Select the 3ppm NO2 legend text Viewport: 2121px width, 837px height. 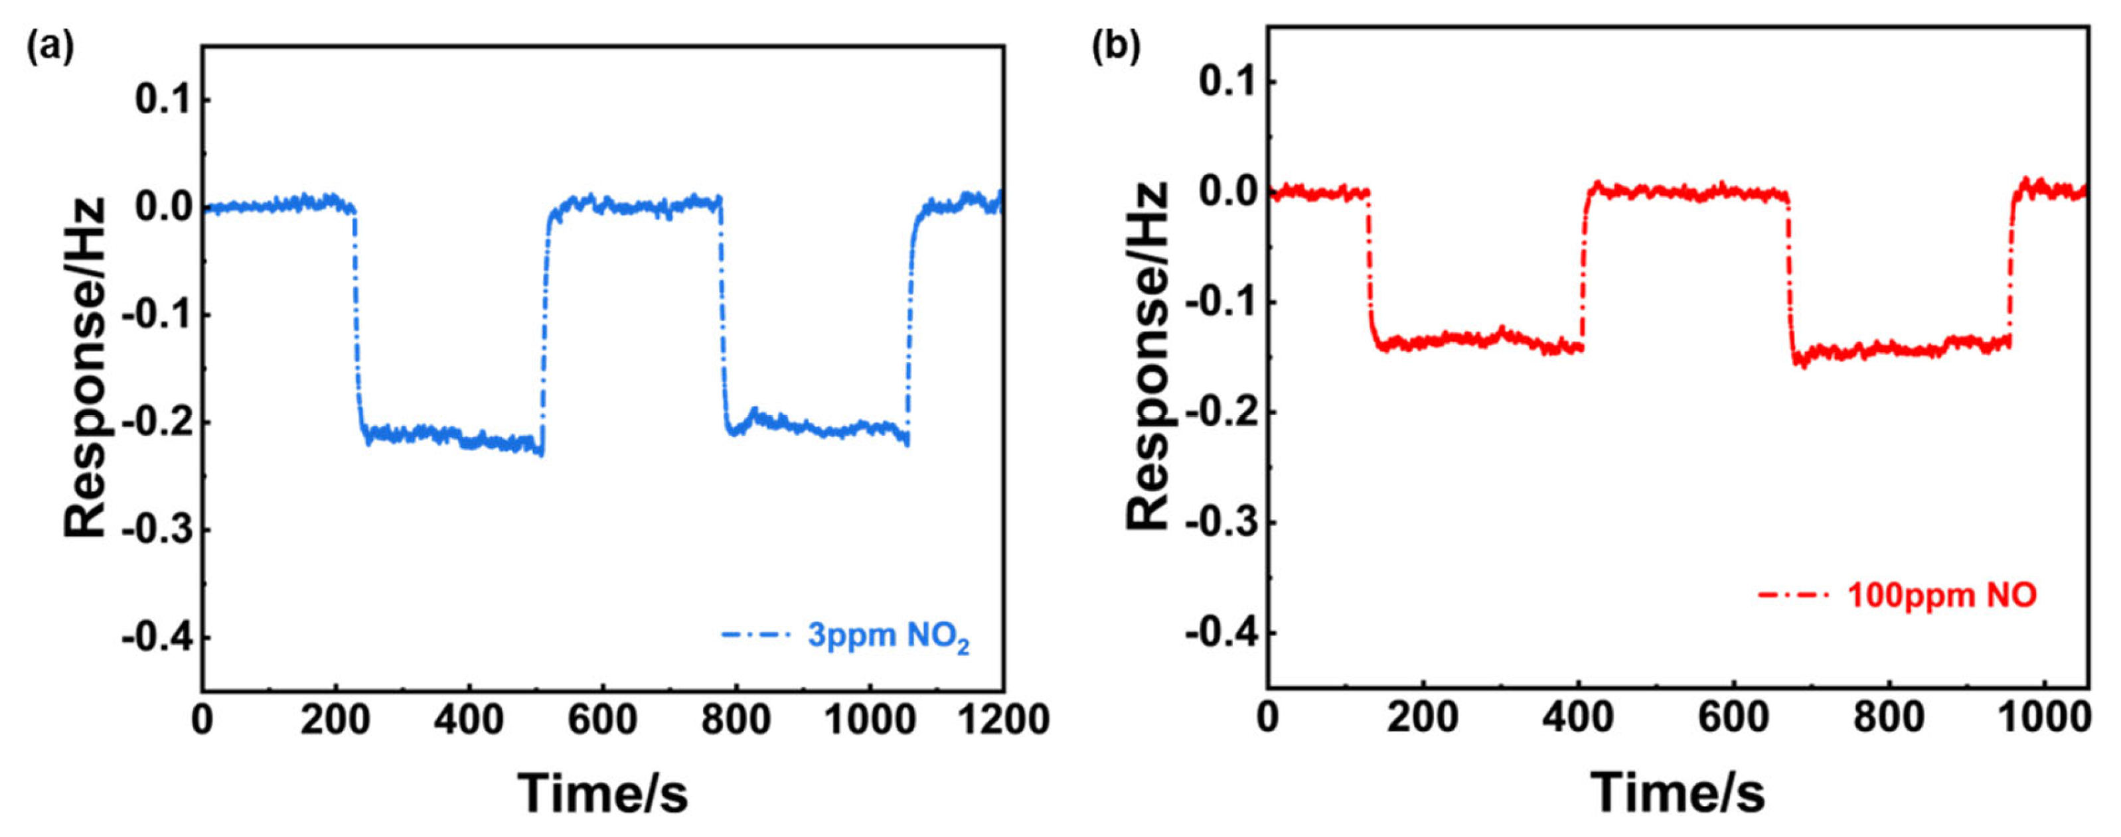(x=888, y=636)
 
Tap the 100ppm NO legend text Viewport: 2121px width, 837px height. (x=1942, y=595)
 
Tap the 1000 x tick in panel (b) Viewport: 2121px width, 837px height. (x=2043, y=718)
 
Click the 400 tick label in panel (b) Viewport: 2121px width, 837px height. (x=1577, y=718)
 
